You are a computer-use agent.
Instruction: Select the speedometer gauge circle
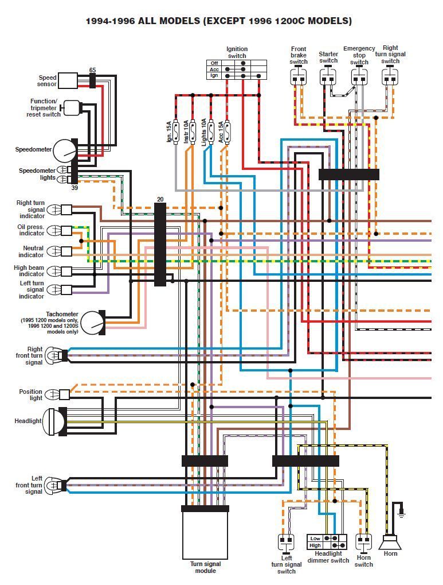(64, 150)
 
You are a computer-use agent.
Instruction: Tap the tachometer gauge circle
(92, 323)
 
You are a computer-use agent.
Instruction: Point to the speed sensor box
(68, 81)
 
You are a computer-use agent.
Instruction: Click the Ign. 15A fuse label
(169, 131)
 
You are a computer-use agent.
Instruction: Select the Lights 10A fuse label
(203, 131)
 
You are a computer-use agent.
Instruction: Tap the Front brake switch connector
(298, 77)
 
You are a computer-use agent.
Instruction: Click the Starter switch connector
(328, 77)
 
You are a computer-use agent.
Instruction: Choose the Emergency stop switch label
(359, 56)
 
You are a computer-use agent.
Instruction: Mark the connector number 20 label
(160, 199)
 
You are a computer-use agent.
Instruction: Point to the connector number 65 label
(92, 69)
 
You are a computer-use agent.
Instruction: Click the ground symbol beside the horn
(402, 509)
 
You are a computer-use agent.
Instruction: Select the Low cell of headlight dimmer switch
(315, 538)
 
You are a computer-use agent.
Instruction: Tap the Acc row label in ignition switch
(214, 69)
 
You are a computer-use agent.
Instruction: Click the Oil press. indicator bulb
(54, 230)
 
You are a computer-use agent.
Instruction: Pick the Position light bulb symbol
(52, 394)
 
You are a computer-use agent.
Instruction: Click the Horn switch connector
(363, 541)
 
